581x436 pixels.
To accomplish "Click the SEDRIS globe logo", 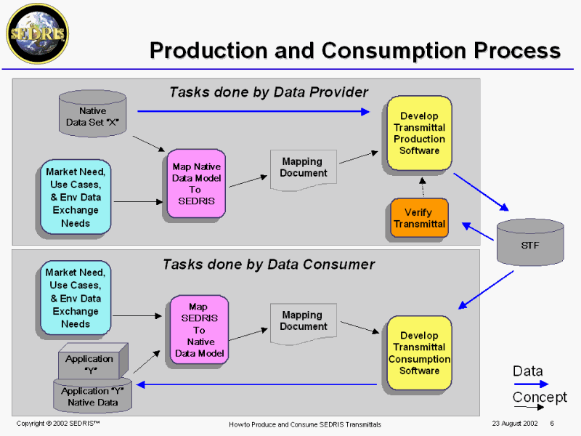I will click(37, 33).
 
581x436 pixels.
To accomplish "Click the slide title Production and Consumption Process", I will click(354, 50).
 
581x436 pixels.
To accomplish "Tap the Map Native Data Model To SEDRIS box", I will click(196, 184).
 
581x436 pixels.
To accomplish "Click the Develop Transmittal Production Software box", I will click(419, 134).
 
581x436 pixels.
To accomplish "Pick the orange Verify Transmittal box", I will click(419, 218).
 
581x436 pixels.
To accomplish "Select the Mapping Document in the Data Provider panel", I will click(304, 169).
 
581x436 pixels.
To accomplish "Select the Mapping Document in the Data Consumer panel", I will click(304, 322).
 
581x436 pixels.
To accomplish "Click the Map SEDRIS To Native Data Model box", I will click(198, 329).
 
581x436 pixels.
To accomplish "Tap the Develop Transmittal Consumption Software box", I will click(419, 353).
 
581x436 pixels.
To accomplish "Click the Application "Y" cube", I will click(92, 361).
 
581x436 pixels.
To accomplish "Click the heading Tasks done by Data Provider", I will click(269, 92).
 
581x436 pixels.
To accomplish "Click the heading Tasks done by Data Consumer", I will click(269, 265).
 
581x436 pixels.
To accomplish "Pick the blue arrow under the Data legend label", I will click(530, 384).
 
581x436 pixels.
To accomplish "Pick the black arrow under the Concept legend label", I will click(530, 408).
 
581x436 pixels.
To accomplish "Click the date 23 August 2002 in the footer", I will click(514, 424).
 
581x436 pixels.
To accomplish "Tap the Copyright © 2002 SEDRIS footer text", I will click(58, 424).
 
